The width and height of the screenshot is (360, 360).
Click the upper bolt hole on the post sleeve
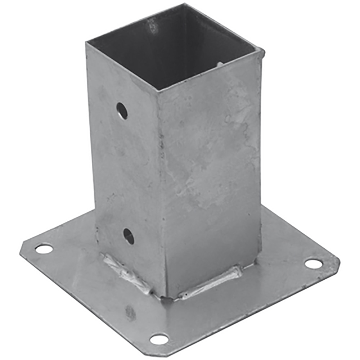122,111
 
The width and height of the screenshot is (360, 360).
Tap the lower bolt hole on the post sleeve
129,236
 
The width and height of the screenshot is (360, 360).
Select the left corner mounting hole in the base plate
44,248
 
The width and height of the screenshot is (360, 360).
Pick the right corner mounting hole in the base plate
313,264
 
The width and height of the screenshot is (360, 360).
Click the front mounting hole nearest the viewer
159,339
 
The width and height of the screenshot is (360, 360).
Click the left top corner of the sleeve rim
86,43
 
